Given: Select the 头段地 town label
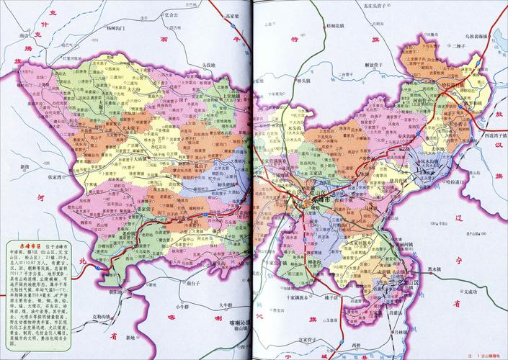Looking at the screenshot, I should [x=207, y=66].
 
